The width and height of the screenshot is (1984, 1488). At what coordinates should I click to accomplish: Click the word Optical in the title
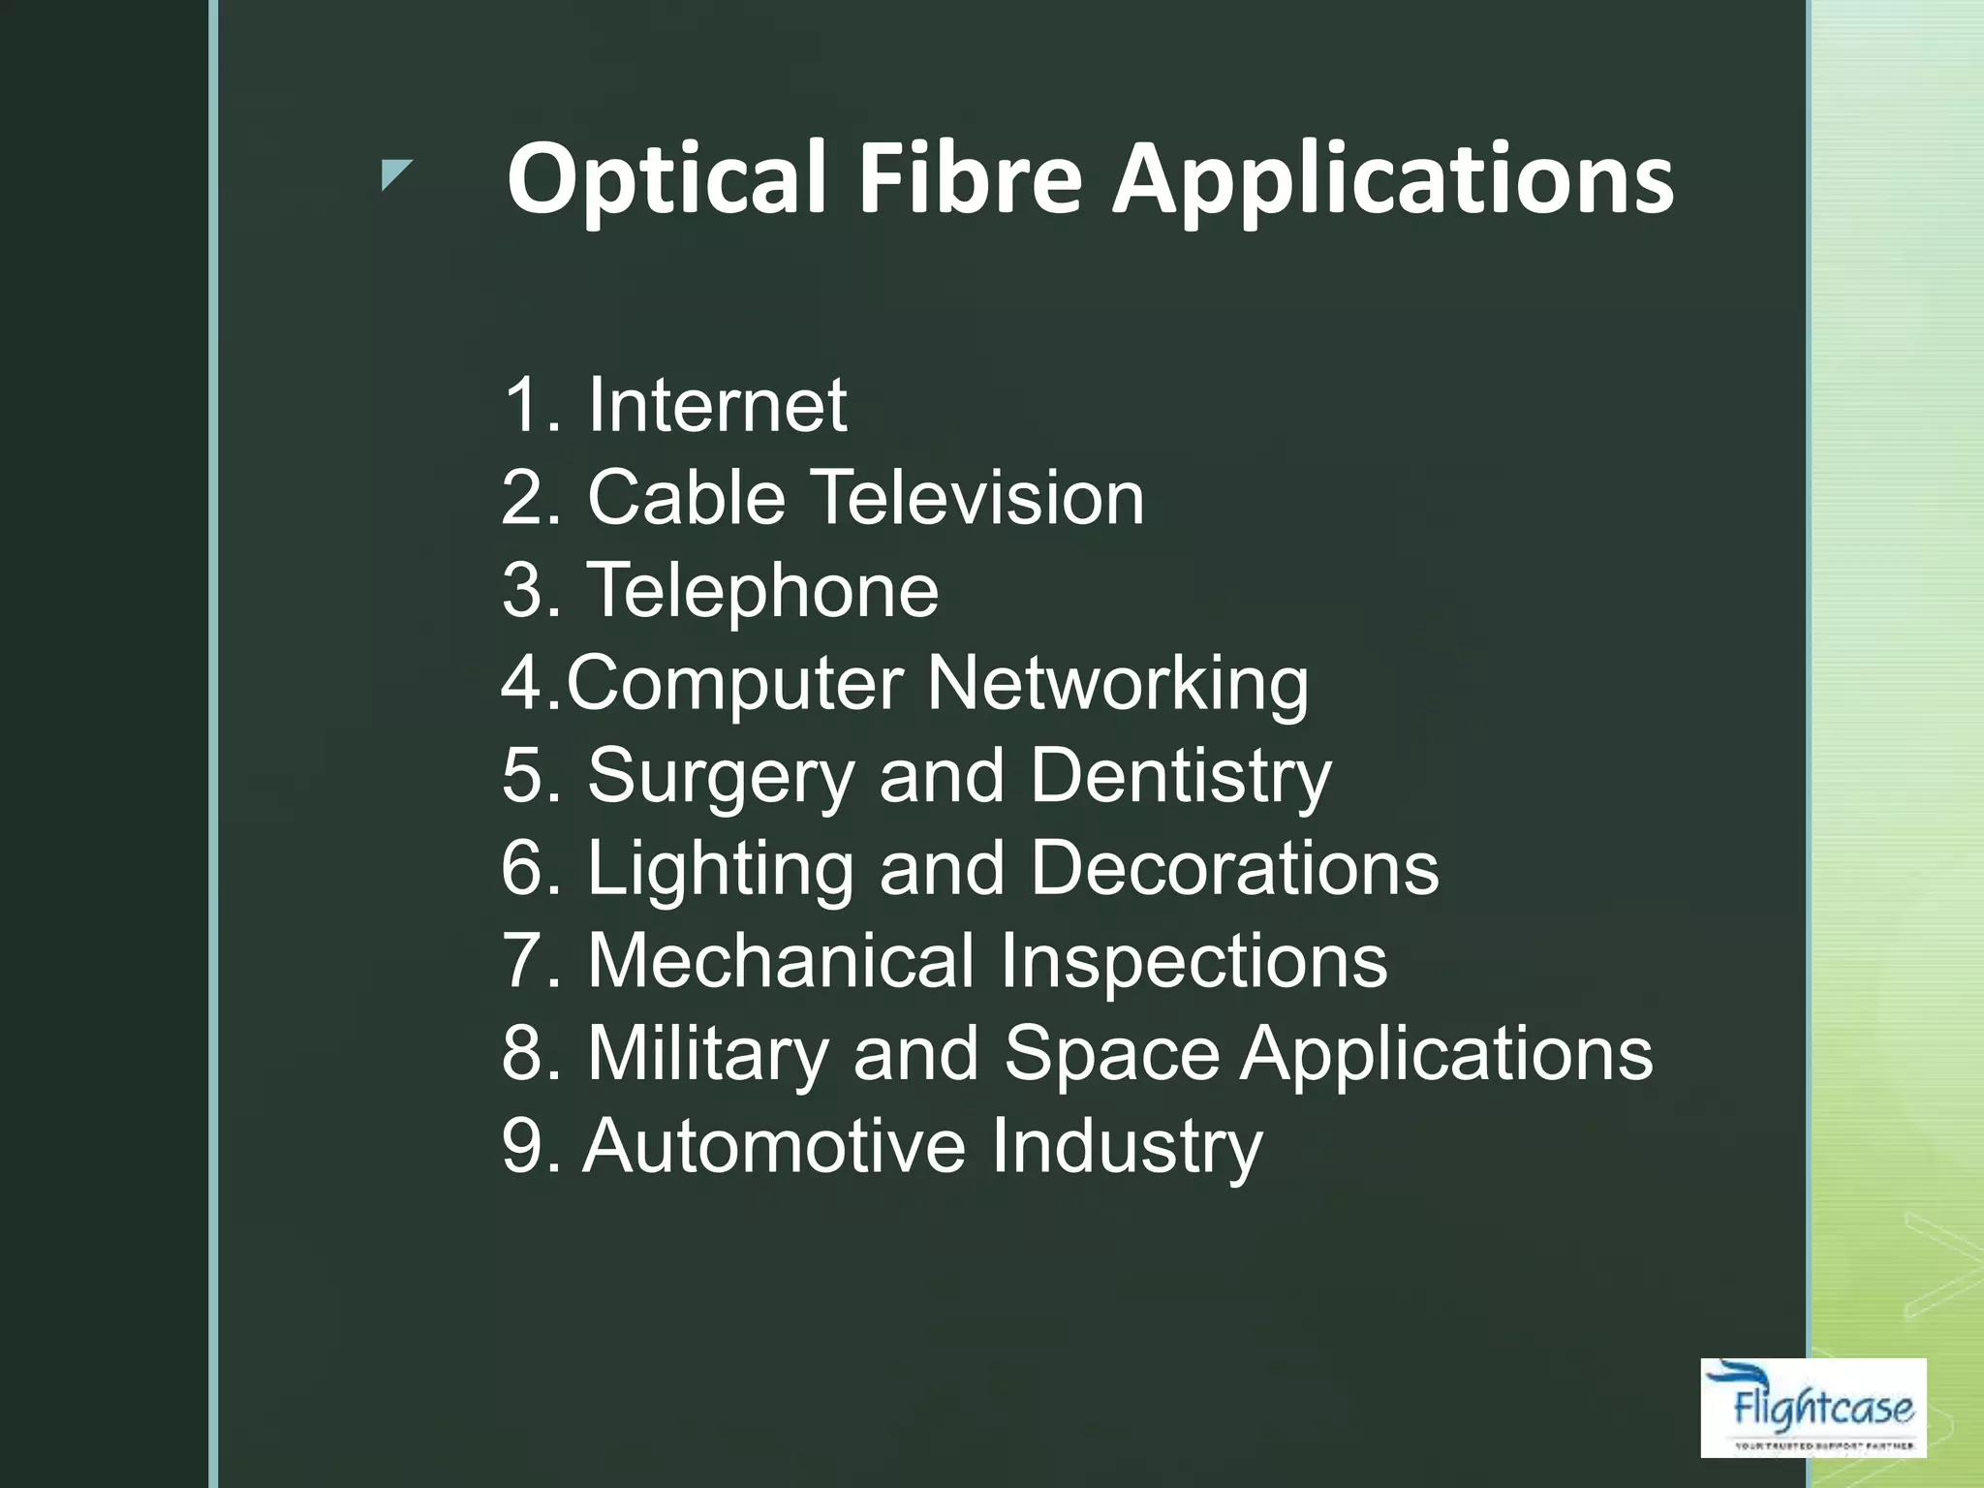(666, 179)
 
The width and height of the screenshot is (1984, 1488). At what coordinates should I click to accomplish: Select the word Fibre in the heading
(970, 179)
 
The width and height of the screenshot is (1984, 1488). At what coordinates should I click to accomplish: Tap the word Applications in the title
(1392, 179)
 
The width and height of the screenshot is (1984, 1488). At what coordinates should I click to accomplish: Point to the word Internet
(717, 405)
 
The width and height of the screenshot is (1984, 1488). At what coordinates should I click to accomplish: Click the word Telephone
(762, 591)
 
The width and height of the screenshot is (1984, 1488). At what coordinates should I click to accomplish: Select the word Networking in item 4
(1117, 684)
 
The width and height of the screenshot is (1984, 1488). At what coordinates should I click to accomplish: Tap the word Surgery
(721, 777)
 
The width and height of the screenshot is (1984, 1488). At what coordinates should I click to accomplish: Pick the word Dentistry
(1180, 777)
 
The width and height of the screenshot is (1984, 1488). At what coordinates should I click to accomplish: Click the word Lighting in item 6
(721, 869)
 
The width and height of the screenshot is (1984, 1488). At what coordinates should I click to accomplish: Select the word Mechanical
(781, 961)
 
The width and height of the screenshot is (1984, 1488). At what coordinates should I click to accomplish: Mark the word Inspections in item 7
(1193, 961)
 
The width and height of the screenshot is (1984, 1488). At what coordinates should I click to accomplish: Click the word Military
(707, 1054)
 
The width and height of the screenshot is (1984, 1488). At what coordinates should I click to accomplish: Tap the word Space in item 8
(1111, 1054)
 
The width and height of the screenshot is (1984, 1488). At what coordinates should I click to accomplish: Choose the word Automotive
(773, 1146)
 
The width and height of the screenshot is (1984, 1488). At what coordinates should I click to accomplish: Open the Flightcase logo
(1813, 1408)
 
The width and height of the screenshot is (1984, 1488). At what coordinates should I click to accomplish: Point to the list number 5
(523, 777)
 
